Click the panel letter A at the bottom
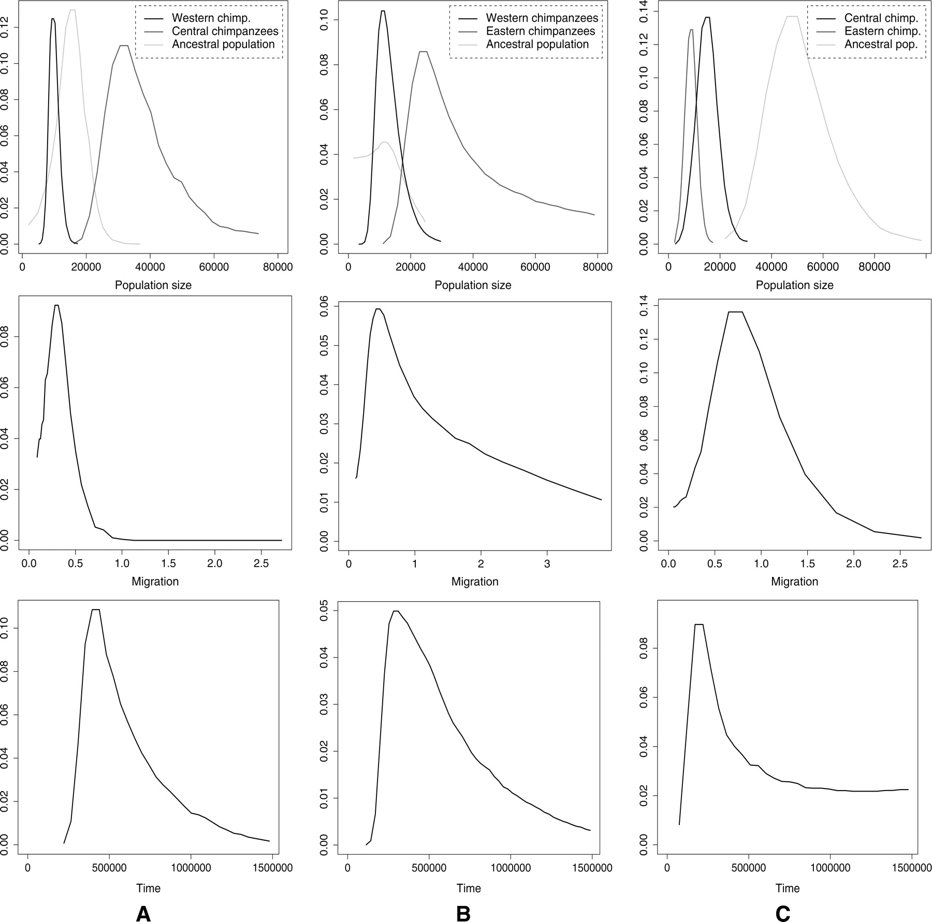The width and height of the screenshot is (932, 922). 143,900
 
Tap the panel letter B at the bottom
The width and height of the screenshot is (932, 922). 463,900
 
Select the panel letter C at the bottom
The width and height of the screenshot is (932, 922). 783,900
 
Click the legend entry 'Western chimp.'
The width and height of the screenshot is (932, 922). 211,18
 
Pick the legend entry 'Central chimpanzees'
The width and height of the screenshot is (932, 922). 225,31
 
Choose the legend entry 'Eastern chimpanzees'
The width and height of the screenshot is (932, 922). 541,31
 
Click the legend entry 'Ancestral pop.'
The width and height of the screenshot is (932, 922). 881,44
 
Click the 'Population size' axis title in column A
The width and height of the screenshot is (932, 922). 153,285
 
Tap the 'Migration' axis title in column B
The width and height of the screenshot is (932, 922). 475,582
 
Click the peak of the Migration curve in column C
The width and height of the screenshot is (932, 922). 735,311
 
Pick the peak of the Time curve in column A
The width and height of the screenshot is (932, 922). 96,609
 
